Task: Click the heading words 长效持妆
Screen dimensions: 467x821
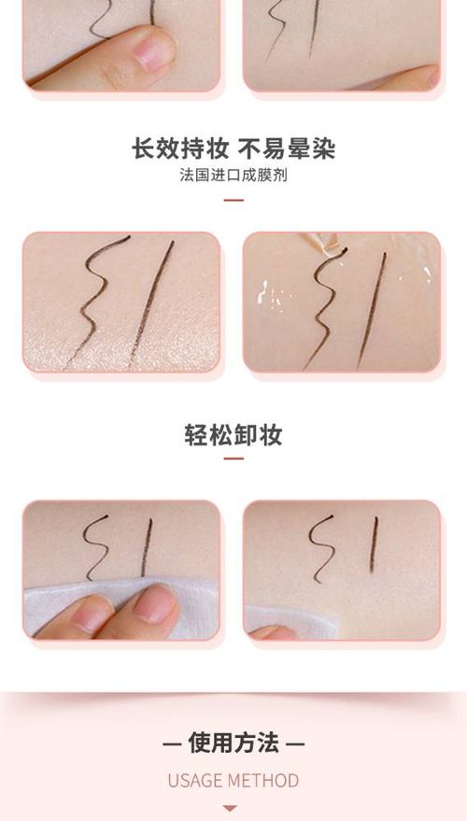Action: pos(180,149)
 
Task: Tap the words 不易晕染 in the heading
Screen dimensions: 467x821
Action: pos(287,149)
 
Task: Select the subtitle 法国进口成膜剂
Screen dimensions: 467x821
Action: pos(233,175)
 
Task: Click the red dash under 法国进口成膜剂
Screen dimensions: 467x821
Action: pos(233,200)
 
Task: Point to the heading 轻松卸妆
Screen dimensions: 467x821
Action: pos(233,434)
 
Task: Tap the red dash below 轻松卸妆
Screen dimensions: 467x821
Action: pos(233,459)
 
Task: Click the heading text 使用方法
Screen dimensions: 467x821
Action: pos(233,743)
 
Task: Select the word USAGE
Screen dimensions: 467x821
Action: pos(196,781)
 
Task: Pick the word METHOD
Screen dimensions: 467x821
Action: pos(265,781)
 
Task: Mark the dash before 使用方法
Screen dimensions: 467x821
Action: pos(172,743)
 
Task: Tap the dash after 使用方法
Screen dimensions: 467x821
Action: pos(295,743)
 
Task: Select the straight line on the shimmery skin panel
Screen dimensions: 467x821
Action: pos(151,304)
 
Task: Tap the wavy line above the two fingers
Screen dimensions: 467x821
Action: pos(96,547)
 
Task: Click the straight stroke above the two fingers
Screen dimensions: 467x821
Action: pos(147,547)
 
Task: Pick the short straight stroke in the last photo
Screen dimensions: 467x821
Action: pos(374,545)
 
